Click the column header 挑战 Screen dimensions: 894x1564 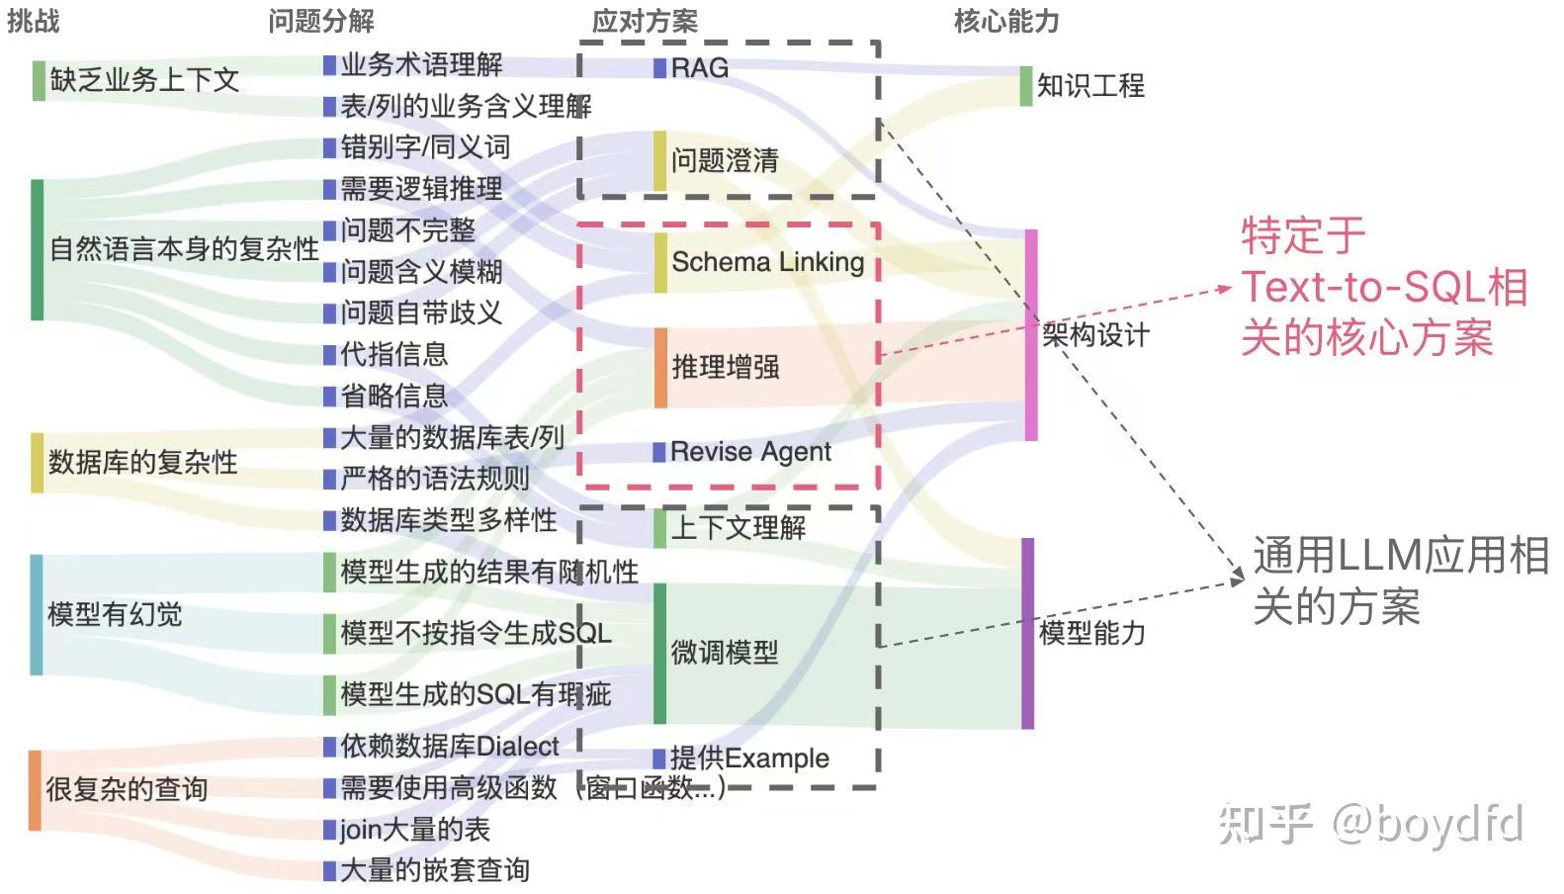(x=34, y=20)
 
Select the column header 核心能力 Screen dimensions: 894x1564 (x=1005, y=21)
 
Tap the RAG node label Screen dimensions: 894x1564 (x=699, y=68)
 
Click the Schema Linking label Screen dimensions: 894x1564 (x=767, y=262)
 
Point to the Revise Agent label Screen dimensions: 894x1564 (x=750, y=452)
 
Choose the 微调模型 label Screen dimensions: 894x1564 (x=725, y=653)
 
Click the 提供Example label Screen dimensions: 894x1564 (x=749, y=759)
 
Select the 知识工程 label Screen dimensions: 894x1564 (x=1090, y=86)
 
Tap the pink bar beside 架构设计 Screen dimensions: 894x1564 (x=1031, y=334)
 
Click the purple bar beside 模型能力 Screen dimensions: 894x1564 (x=1027, y=633)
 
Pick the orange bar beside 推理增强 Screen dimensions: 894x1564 (x=660, y=368)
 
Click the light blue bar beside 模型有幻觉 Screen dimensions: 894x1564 (x=37, y=614)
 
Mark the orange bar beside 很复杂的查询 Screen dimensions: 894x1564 (x=35, y=789)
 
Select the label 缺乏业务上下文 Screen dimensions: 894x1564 (x=144, y=80)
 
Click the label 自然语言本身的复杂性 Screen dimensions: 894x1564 (x=184, y=248)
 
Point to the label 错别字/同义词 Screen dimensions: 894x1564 (x=425, y=147)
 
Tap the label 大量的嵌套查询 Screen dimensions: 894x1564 (x=434, y=870)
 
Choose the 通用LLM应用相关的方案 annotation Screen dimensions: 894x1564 (x=1399, y=581)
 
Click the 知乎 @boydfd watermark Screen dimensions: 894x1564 (x=1370, y=824)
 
